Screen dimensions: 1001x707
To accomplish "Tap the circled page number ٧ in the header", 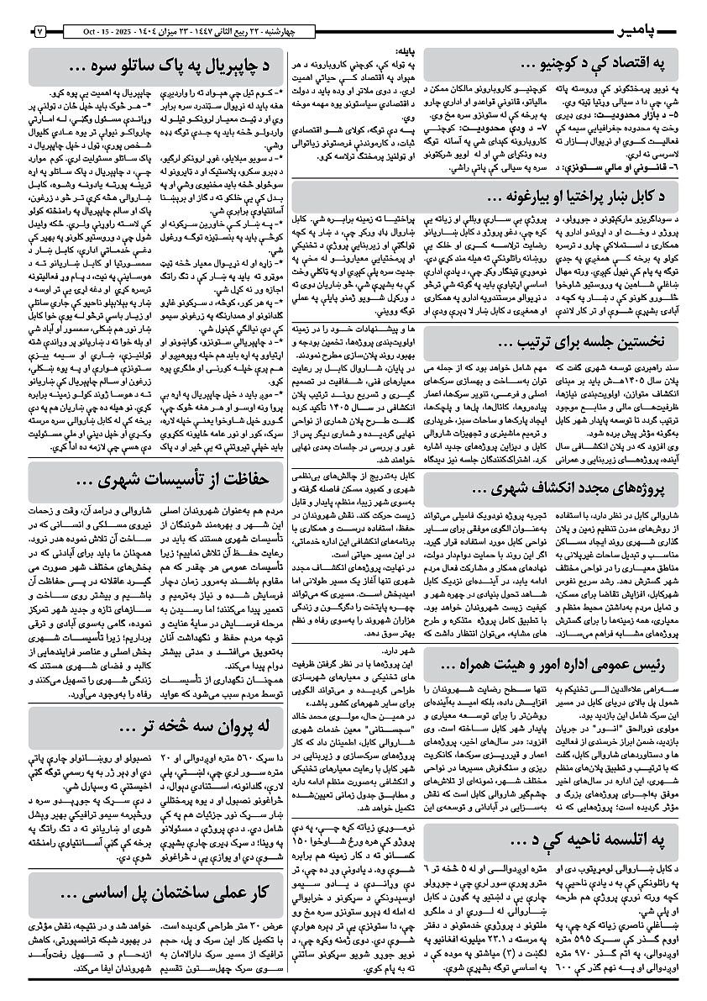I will [x=40, y=32].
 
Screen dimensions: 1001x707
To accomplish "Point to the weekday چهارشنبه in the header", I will [x=291, y=32].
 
